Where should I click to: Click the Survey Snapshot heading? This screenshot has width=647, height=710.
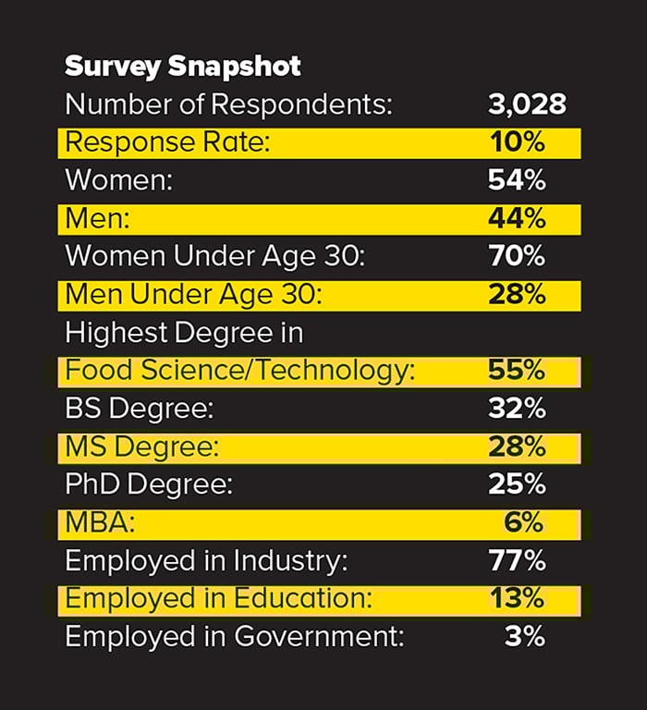[x=183, y=67]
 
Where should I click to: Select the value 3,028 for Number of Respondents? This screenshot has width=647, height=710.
[x=527, y=104]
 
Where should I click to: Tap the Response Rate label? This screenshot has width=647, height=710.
[x=172, y=143]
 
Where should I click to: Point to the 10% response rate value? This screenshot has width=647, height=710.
[x=517, y=143]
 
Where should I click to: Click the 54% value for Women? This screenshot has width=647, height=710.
[x=517, y=181]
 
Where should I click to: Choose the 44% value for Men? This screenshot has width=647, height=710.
[x=517, y=219]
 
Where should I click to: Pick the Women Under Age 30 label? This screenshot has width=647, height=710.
[x=215, y=257]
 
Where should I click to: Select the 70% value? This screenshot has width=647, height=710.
[x=517, y=257]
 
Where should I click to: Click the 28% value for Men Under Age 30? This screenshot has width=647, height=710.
[x=517, y=295]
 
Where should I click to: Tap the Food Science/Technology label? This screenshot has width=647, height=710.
[x=239, y=372]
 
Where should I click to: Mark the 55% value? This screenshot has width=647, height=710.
[x=517, y=372]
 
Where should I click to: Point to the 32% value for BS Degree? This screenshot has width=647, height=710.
[x=517, y=410]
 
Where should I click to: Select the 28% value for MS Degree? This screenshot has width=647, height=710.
[x=517, y=447]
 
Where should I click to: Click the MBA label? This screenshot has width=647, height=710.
[x=100, y=523]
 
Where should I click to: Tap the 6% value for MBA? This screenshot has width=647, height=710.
[x=524, y=523]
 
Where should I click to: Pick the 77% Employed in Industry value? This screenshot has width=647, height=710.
[x=517, y=561]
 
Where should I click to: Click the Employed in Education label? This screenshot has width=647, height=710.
[x=218, y=599]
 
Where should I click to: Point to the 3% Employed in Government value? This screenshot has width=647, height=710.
[x=524, y=637]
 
